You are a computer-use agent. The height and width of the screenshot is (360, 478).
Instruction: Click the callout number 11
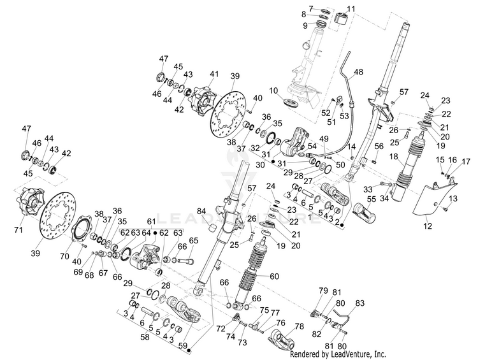[351, 8]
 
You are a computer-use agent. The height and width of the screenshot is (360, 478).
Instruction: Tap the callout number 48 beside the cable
[358, 71]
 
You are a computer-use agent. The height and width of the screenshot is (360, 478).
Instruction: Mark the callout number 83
[360, 302]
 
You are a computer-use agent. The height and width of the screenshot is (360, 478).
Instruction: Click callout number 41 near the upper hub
[214, 74]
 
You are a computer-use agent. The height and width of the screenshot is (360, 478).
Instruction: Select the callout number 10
[274, 89]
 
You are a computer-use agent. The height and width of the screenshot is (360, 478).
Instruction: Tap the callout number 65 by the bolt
[194, 240]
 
